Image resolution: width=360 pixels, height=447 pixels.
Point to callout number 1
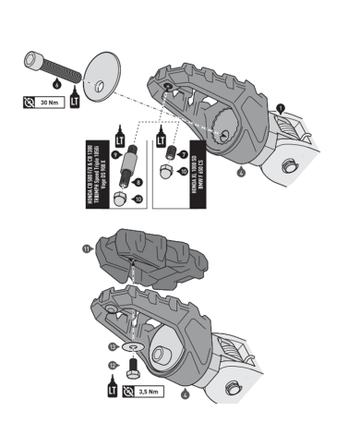click(x=279, y=108)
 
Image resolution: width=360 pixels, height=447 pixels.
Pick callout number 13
click(x=112, y=346)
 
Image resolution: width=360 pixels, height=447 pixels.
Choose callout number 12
click(x=112, y=366)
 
